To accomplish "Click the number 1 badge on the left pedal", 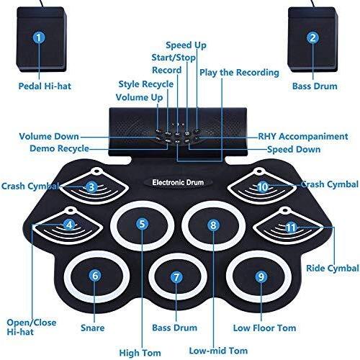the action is point(39,37).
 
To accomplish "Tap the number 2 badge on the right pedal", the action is point(312,37).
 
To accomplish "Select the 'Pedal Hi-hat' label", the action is point(45,86).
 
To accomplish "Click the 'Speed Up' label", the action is point(186,45).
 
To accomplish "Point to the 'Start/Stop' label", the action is point(174,58).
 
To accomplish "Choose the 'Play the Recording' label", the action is point(239,73).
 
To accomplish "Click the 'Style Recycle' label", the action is point(146,84).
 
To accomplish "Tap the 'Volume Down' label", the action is point(49,136).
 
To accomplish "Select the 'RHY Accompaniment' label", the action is point(303,136).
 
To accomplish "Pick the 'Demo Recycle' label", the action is point(59,148).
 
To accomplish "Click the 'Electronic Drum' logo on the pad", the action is point(178,182).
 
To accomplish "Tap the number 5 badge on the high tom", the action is point(142,224).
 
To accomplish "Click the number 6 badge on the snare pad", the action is point(95,276).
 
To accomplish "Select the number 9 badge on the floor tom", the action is point(261,276).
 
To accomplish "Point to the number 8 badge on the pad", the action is point(213,225).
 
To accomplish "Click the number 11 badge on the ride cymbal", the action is point(291,227).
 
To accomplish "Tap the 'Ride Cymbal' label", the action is point(333,268).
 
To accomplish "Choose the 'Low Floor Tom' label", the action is point(264,328).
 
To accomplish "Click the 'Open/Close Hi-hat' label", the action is point(32,327).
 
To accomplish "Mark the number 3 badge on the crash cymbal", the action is point(91,187).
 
